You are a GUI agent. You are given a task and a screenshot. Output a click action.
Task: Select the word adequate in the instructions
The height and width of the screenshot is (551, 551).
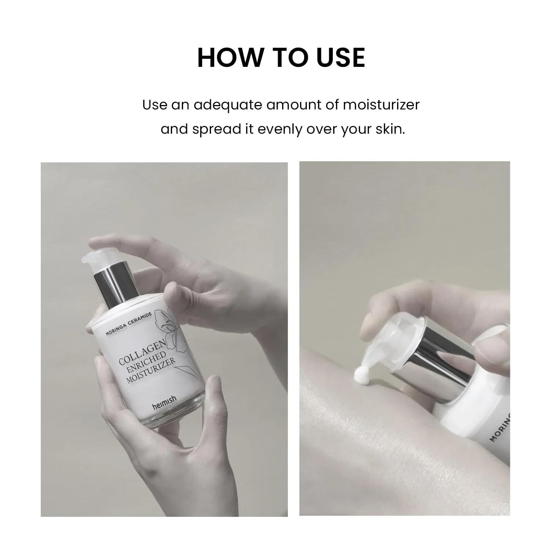pyautogui.click(x=228, y=105)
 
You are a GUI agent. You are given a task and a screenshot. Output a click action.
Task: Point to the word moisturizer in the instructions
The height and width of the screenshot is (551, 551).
pyautogui.click(x=381, y=105)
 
